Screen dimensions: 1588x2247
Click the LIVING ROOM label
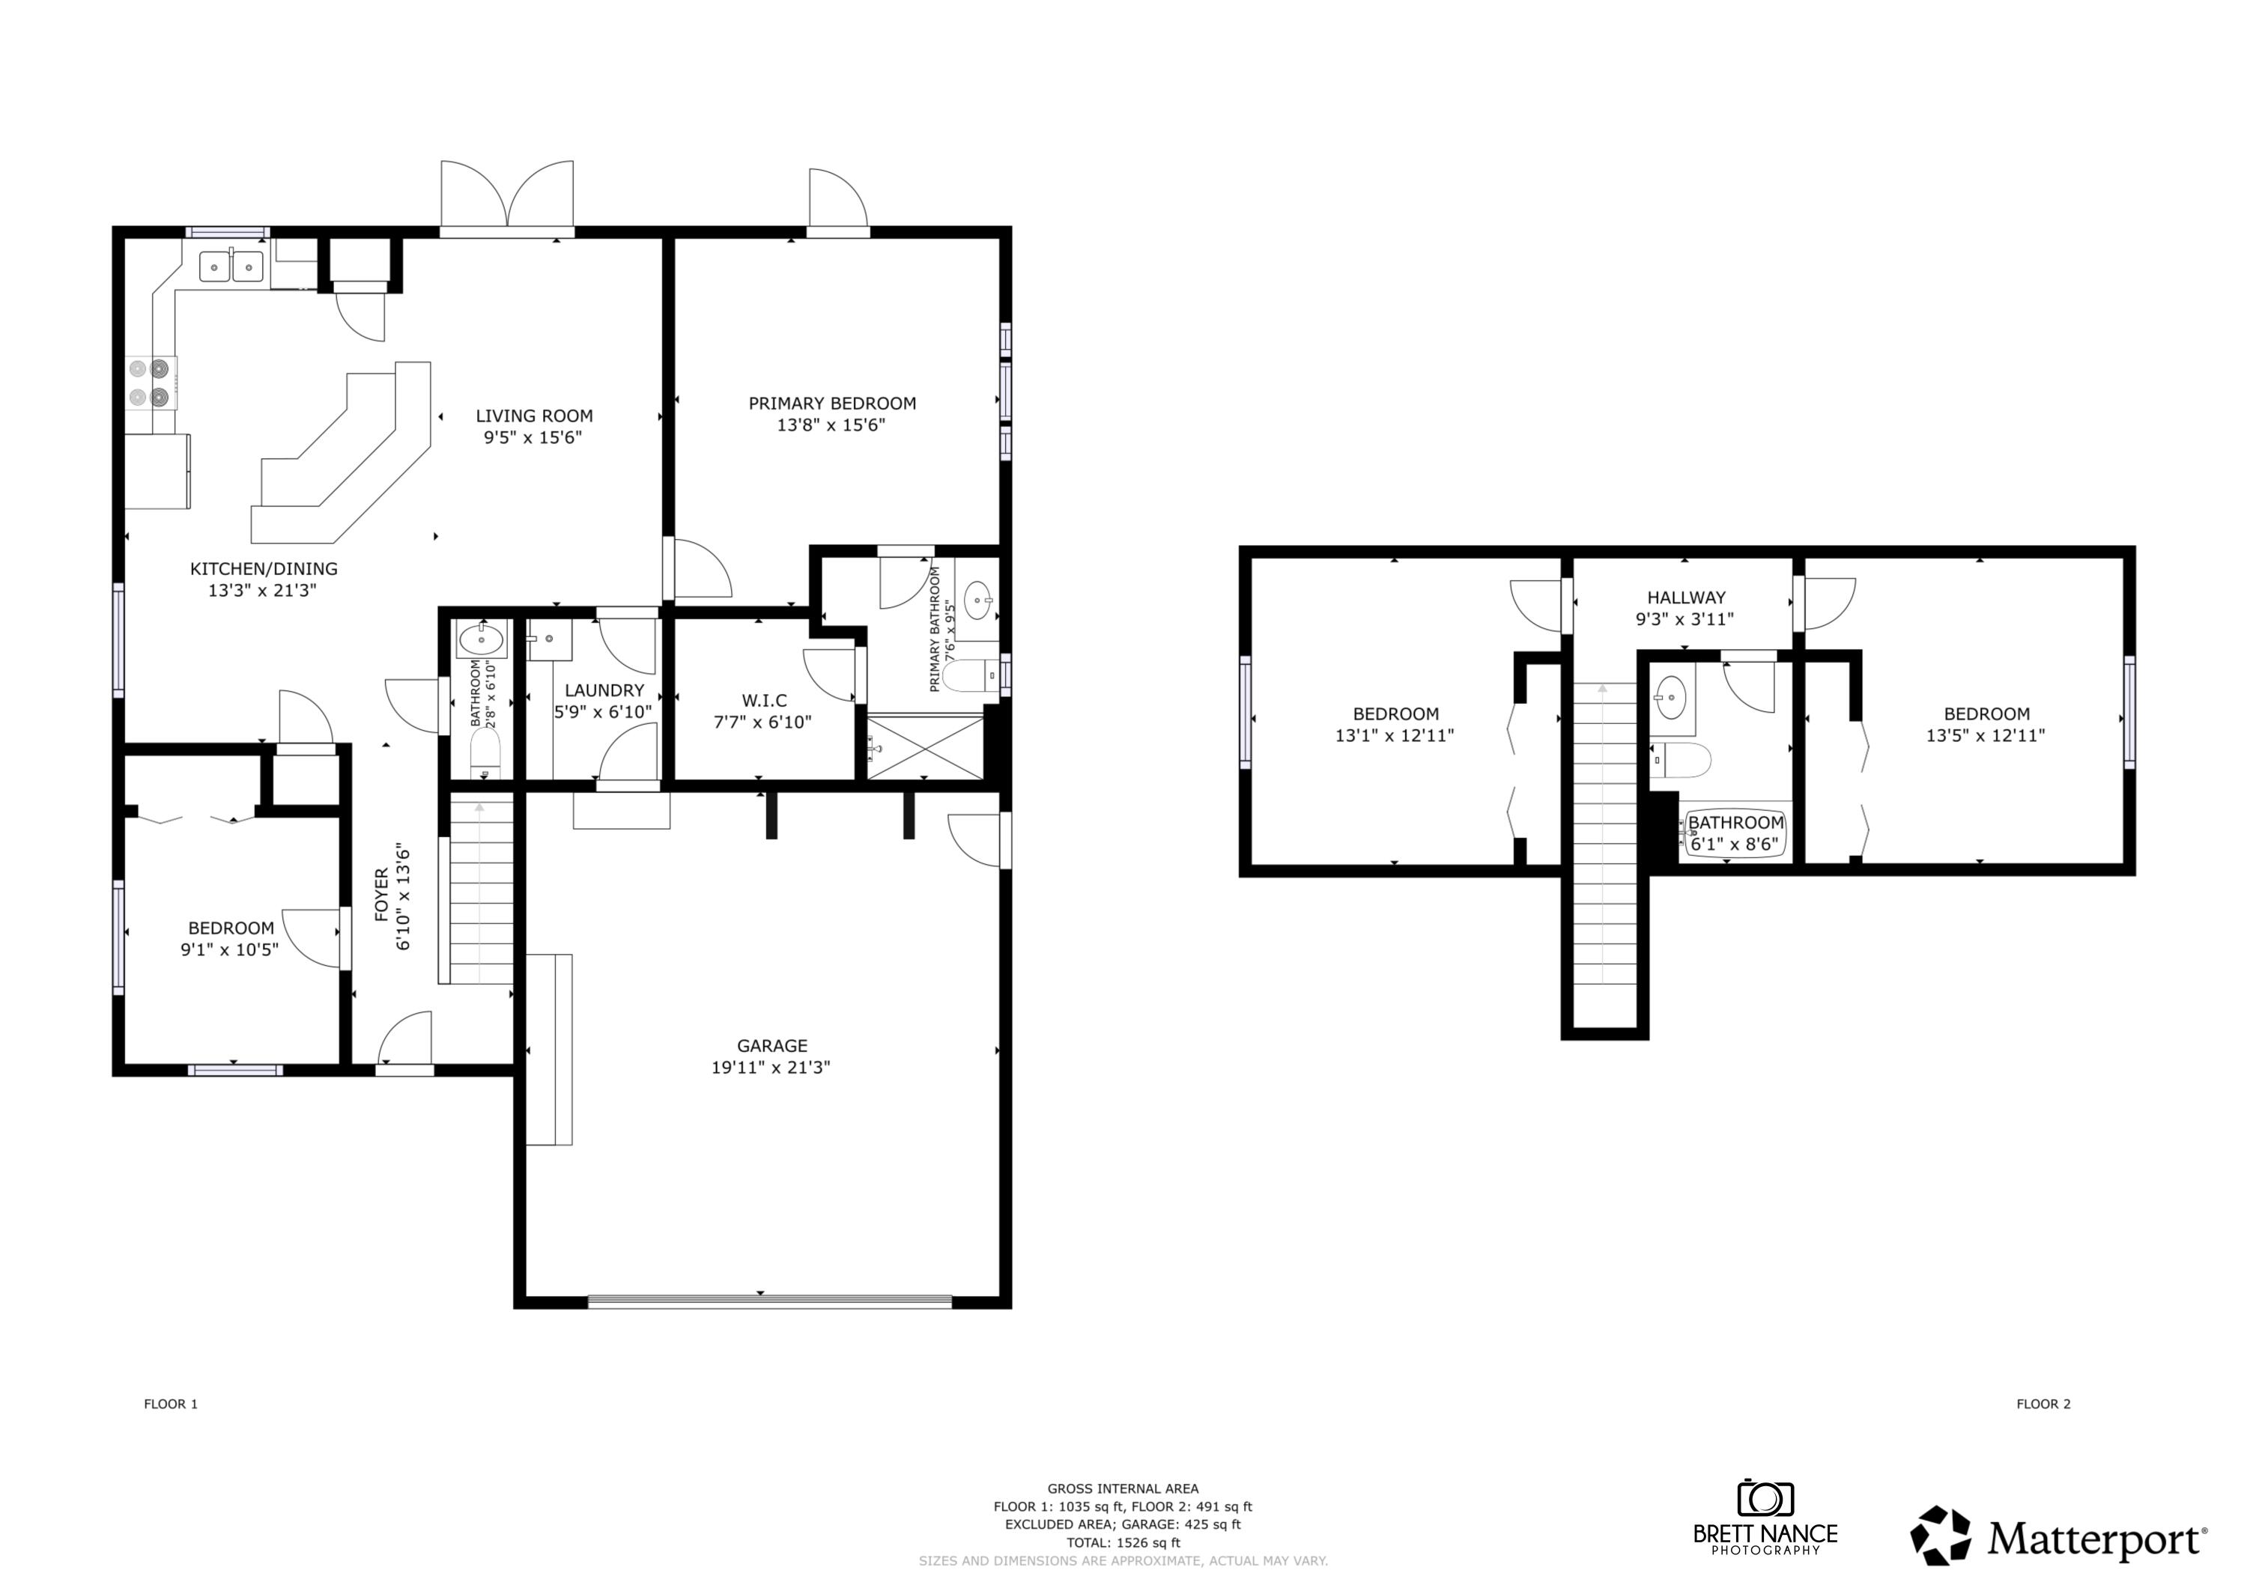[533, 415]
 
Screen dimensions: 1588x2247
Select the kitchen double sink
[231, 266]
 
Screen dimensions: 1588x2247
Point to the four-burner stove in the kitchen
[149, 383]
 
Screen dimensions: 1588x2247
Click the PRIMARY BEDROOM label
[832, 403]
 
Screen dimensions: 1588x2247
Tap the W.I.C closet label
[763, 701]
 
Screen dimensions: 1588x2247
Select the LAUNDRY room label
[604, 690]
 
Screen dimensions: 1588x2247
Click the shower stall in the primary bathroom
[925, 747]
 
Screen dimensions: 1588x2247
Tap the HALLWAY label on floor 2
[1685, 597]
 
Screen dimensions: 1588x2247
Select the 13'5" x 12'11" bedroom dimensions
[1986, 736]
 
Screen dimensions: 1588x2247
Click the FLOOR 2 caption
[2043, 1404]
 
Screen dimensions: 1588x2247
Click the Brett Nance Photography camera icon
[1765, 1499]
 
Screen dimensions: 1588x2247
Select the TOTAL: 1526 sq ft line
[1123, 1542]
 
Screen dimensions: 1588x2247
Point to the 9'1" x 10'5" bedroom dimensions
[229, 949]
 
